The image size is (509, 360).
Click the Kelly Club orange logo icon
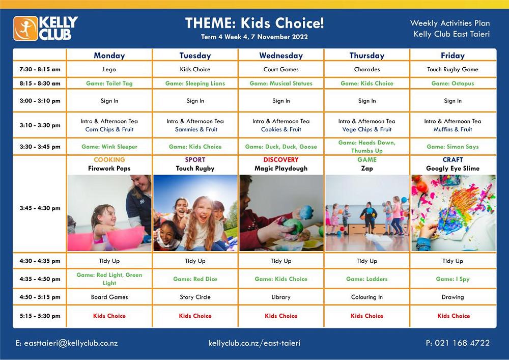(26, 29)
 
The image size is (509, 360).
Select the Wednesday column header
(281, 56)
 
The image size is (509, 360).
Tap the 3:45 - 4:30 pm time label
(40, 208)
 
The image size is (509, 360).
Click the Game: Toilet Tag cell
(109, 84)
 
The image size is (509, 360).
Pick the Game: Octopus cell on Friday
(453, 84)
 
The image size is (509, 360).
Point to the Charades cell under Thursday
(366, 69)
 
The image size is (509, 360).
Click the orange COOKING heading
(109, 160)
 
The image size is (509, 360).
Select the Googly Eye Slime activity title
(453, 169)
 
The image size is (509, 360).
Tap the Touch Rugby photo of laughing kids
(195, 213)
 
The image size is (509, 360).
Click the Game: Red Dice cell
(195, 279)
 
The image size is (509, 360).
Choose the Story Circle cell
(195, 297)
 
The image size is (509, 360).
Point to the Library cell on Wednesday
(281, 297)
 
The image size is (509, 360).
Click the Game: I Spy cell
(453, 279)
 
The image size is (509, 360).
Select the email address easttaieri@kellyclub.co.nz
(67, 343)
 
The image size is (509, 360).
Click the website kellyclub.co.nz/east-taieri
(254, 343)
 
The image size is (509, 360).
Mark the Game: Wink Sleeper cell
(109, 147)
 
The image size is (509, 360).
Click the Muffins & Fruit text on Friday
(453, 130)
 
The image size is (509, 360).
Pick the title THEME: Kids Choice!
(254, 23)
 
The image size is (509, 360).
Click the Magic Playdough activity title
(281, 169)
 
